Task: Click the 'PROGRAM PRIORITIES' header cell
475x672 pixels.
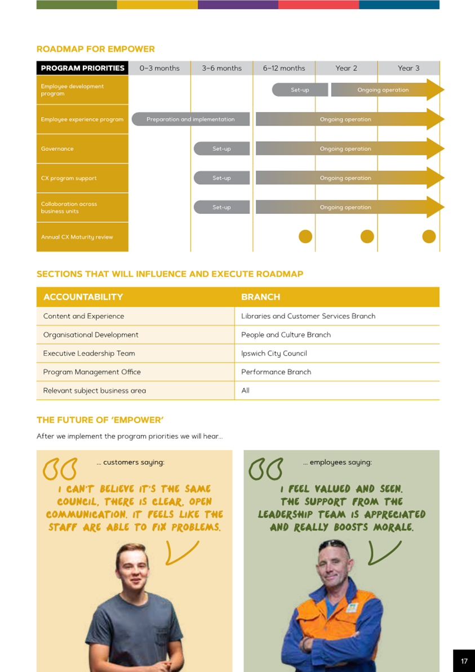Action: click(x=82, y=68)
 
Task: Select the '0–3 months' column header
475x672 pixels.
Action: click(x=159, y=68)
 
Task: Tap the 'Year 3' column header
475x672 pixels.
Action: click(x=409, y=68)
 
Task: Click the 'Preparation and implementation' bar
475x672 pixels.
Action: click(x=190, y=119)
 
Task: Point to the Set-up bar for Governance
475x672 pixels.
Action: click(x=221, y=149)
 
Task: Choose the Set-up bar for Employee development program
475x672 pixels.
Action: click(x=300, y=90)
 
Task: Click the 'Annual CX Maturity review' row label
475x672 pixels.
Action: click(x=77, y=237)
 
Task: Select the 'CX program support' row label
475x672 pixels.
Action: click(x=69, y=178)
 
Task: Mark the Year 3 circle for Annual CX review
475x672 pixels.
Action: click(x=429, y=236)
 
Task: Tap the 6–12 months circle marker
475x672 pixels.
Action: click(x=305, y=236)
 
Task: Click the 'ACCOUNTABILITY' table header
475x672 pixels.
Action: click(x=83, y=297)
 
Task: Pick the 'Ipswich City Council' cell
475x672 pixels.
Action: click(x=274, y=353)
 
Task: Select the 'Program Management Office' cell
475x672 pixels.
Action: click(x=92, y=372)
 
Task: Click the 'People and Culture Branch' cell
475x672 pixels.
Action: click(x=286, y=335)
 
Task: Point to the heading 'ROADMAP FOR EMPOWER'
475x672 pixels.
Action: click(x=96, y=50)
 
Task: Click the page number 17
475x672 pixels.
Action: click(x=464, y=661)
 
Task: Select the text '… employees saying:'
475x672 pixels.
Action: click(x=337, y=463)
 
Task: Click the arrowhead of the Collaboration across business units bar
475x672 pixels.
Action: click(x=436, y=207)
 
